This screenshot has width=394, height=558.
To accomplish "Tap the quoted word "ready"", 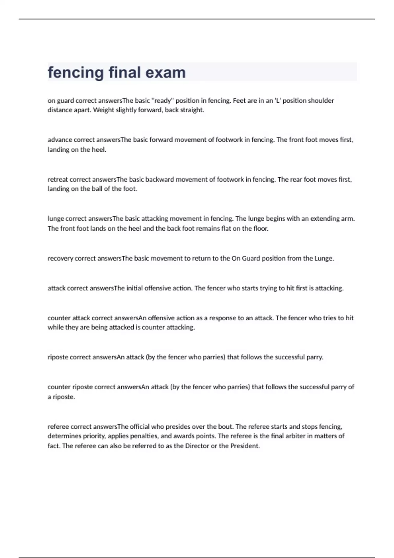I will click(x=163, y=100).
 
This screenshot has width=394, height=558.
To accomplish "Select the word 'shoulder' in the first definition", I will click(x=321, y=100).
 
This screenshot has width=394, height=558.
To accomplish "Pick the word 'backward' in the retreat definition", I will click(x=160, y=180).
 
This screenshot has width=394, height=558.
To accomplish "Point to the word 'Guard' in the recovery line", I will click(x=251, y=258).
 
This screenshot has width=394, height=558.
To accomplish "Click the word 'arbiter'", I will click(x=293, y=436).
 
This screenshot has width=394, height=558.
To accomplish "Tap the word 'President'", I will click(x=244, y=446).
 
